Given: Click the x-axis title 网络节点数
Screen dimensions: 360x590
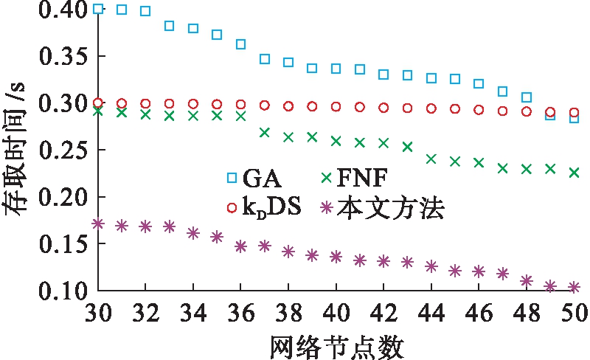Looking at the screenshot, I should click(x=336, y=344).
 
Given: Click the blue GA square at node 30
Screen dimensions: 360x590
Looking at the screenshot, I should click(x=99, y=9).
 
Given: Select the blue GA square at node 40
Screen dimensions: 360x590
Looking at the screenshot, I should click(x=336, y=69).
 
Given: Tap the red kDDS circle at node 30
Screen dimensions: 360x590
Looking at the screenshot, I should click(x=99, y=103).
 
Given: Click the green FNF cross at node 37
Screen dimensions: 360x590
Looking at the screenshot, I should click(x=265, y=133).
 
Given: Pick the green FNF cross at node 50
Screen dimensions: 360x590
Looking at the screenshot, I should click(x=574, y=173).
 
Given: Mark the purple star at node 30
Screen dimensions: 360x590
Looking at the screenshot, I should click(x=99, y=223).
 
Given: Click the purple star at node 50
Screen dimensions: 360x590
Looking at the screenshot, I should click(x=574, y=287).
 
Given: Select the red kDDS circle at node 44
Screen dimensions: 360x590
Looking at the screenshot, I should click(x=431, y=108).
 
